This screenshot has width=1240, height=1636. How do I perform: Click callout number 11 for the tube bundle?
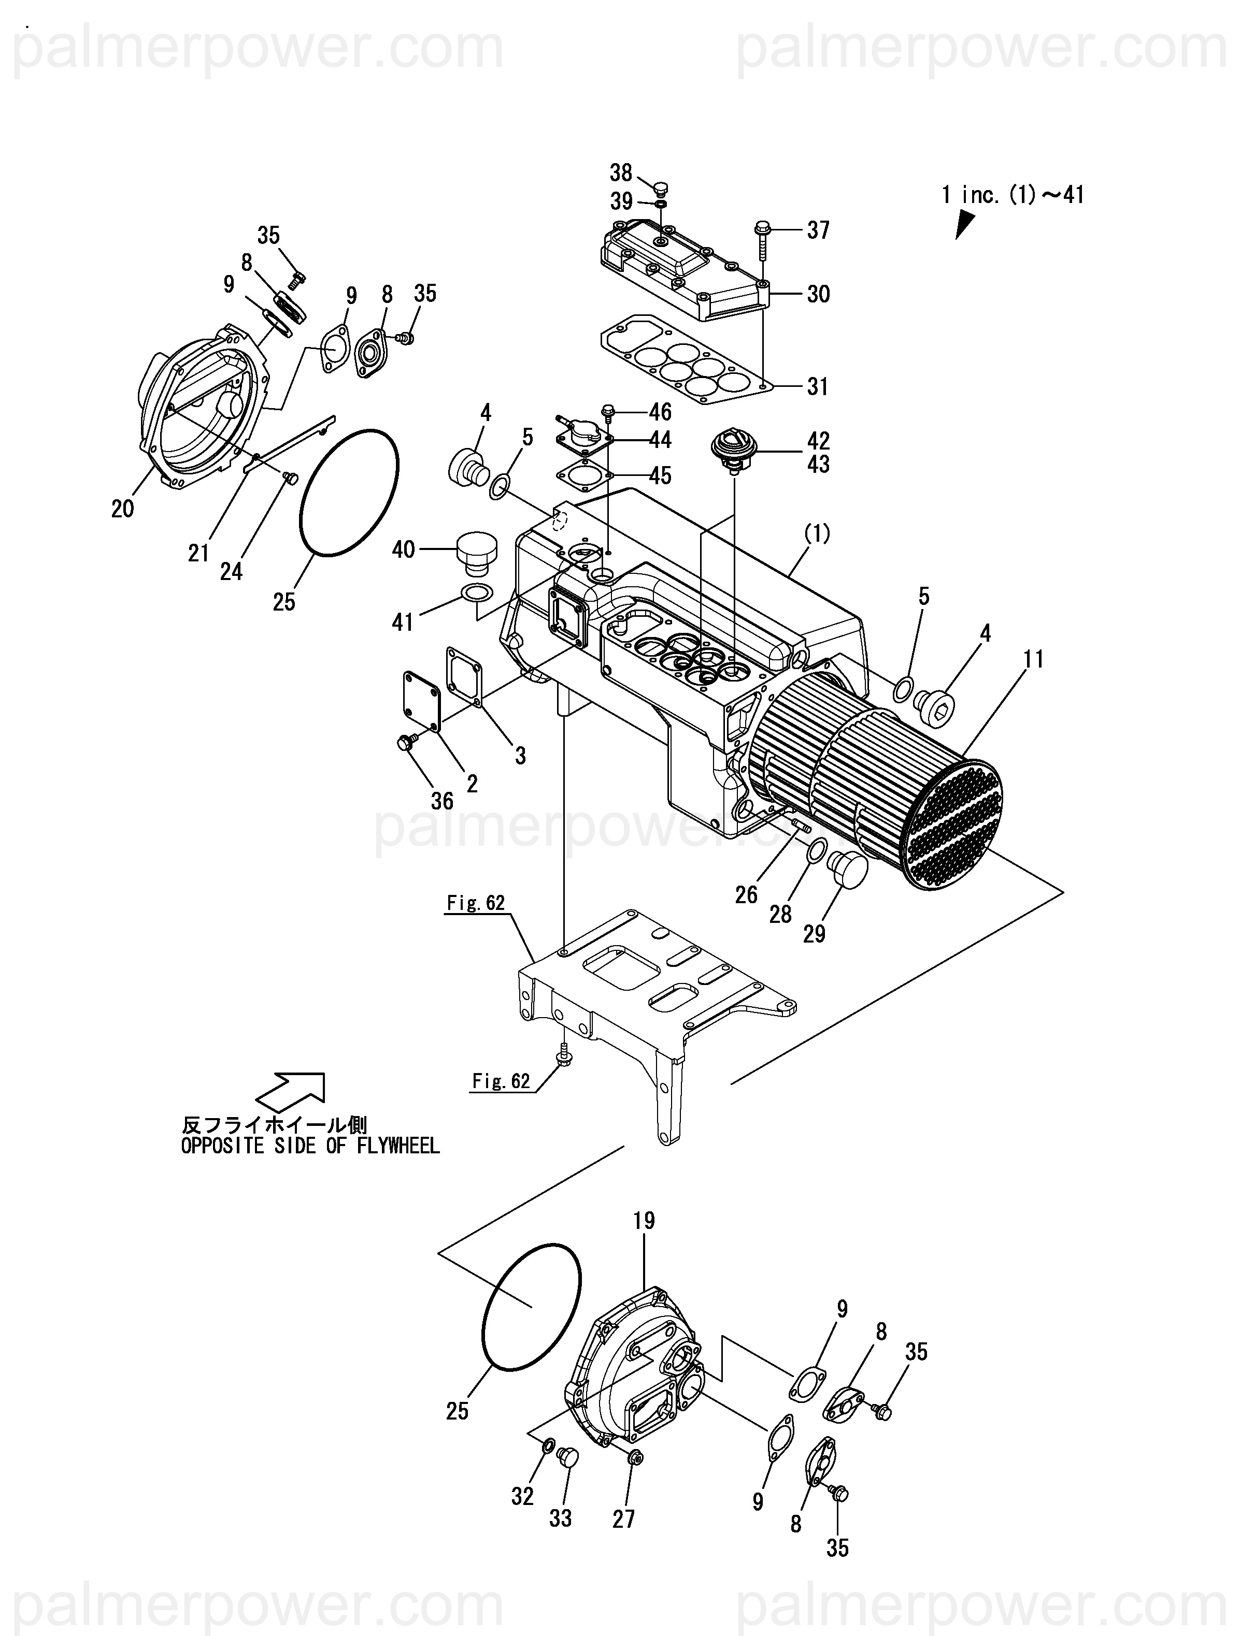(1034, 659)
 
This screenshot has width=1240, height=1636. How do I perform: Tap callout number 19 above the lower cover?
(645, 1220)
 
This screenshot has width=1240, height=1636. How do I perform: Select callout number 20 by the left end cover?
(123, 509)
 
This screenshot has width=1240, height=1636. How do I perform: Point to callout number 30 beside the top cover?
(818, 294)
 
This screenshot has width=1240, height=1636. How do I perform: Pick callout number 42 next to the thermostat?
(818, 441)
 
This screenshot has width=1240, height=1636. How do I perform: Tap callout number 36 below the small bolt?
(443, 801)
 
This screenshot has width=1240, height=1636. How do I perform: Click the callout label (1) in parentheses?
(818, 533)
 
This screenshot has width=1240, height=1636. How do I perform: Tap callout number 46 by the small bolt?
(660, 411)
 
